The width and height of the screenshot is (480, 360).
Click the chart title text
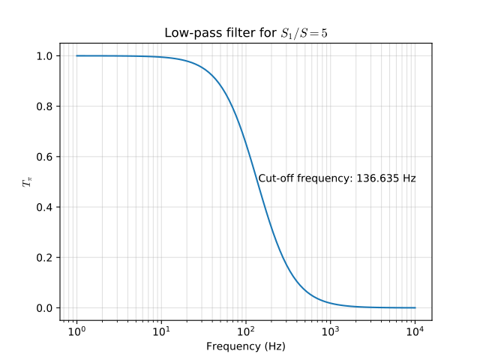246,34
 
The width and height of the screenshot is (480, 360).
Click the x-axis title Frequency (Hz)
246,346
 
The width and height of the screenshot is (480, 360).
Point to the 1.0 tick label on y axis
44,56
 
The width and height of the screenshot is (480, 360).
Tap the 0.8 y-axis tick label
44,106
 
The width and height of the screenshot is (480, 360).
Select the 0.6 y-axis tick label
44,157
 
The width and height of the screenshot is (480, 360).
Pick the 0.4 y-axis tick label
44,207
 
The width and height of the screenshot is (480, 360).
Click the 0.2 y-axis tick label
44,257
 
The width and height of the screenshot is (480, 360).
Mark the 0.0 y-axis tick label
44,307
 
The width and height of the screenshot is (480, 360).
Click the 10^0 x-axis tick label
76,331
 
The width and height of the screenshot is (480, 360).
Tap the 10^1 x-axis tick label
161,331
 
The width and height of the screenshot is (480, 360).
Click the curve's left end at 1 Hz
76,55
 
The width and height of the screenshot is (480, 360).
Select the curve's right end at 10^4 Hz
415,307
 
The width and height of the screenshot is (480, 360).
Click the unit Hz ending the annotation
409,178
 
